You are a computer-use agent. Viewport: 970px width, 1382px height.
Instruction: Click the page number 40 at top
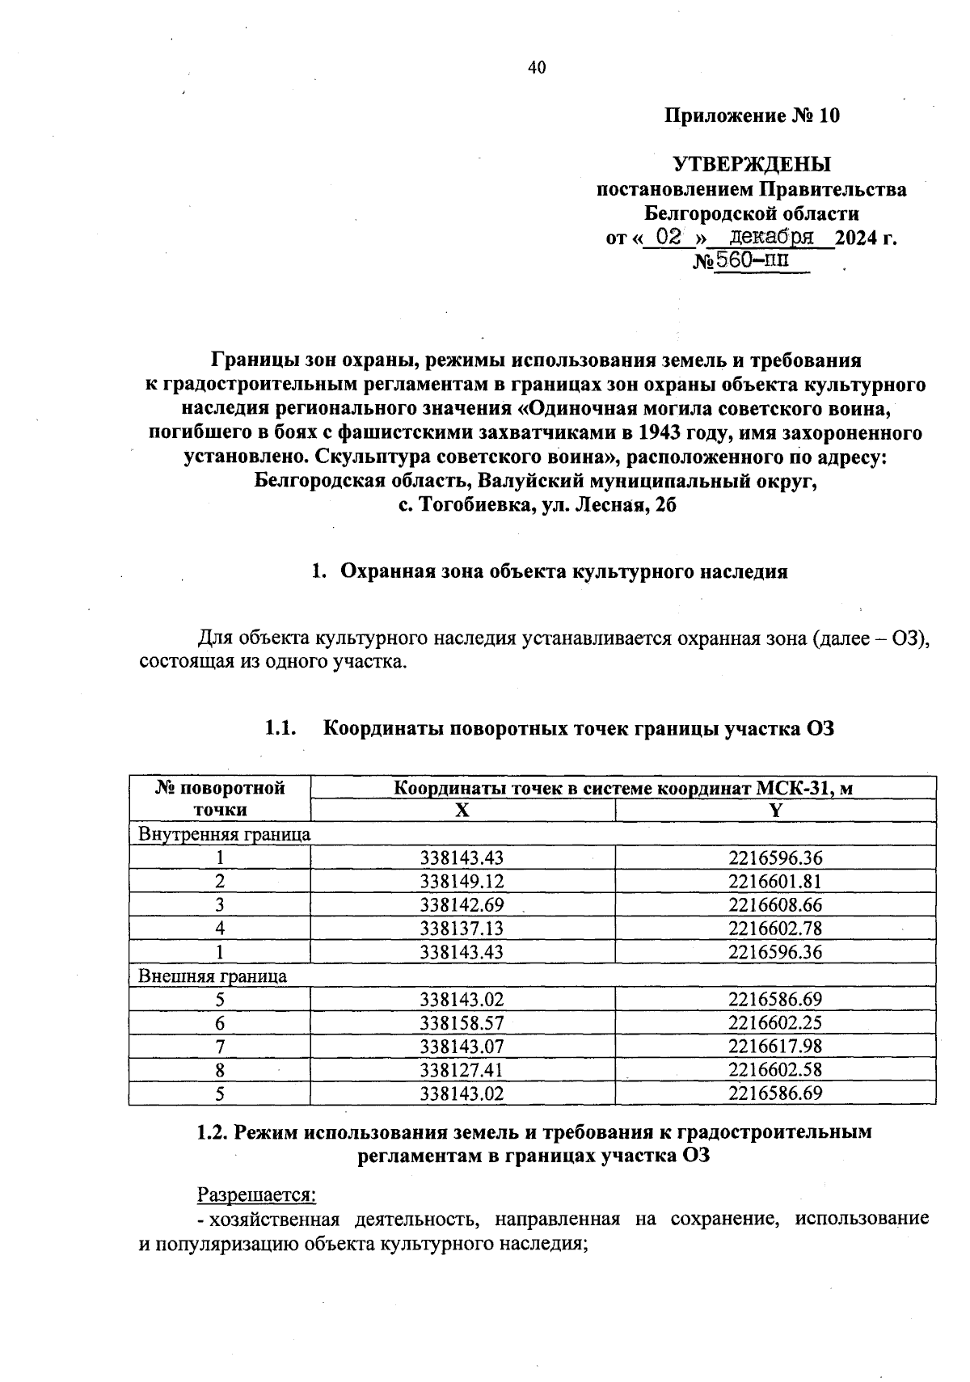537,68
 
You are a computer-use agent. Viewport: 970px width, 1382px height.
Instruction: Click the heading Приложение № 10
752,116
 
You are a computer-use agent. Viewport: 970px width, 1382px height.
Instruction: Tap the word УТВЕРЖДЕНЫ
752,165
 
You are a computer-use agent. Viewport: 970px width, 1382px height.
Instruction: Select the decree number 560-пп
753,261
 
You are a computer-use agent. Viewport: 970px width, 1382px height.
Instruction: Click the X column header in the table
462,811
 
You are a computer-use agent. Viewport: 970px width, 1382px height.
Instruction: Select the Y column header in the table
775,811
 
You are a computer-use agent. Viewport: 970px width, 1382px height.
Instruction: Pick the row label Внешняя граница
213,975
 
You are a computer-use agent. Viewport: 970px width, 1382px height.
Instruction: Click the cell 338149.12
462,882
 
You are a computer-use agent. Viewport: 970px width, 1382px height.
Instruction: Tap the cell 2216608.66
774,905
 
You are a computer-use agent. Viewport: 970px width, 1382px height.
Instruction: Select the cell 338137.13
462,929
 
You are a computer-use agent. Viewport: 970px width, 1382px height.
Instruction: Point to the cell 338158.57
462,1023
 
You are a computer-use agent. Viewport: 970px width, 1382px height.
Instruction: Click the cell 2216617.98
774,1047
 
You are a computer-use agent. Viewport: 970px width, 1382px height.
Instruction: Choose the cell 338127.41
462,1070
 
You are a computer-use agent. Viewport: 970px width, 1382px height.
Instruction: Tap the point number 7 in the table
220,1047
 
